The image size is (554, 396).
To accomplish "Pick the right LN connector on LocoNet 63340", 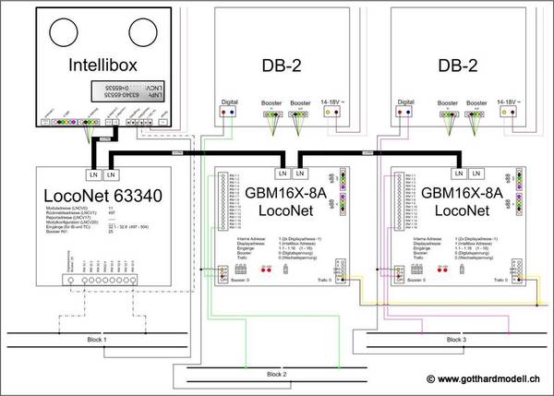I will point(112,174).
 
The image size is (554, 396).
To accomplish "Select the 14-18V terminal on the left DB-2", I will point(332,113).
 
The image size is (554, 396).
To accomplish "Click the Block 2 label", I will point(278,374).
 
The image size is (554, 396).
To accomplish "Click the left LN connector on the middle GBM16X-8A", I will point(282,173).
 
